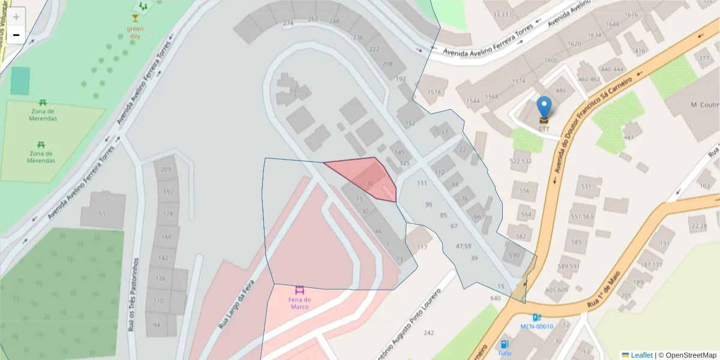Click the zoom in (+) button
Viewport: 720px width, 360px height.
pos(16,17)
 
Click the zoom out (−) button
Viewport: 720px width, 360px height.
pos(16,35)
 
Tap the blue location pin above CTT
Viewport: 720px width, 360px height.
pos(544,108)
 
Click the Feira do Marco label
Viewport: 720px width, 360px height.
pos(299,303)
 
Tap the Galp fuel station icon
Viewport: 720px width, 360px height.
pos(505,345)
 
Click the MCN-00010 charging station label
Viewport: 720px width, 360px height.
pos(536,326)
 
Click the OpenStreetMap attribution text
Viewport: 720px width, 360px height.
pos(687,355)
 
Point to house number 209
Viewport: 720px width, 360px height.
pos(166,169)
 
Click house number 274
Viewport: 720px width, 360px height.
pos(288,23)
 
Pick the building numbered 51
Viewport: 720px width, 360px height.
pos(102,214)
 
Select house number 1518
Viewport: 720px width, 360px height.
pos(434,92)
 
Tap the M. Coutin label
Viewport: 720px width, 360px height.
pos(705,105)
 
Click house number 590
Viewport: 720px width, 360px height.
pos(514,256)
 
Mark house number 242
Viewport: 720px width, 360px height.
pos(428,332)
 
